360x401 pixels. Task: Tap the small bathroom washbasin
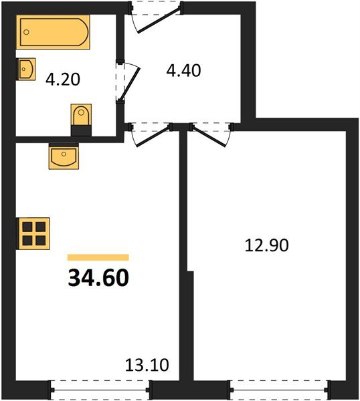26,69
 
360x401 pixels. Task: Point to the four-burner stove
33,233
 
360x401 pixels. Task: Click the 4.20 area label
62,80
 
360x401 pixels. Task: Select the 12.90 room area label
266,245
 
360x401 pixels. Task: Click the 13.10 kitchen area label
147,365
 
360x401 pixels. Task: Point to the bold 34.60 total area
98,277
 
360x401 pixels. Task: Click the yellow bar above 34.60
98,257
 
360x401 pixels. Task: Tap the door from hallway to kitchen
149,133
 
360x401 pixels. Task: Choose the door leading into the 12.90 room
211,133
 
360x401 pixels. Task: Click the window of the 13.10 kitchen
101,387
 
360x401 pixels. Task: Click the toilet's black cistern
81,130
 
